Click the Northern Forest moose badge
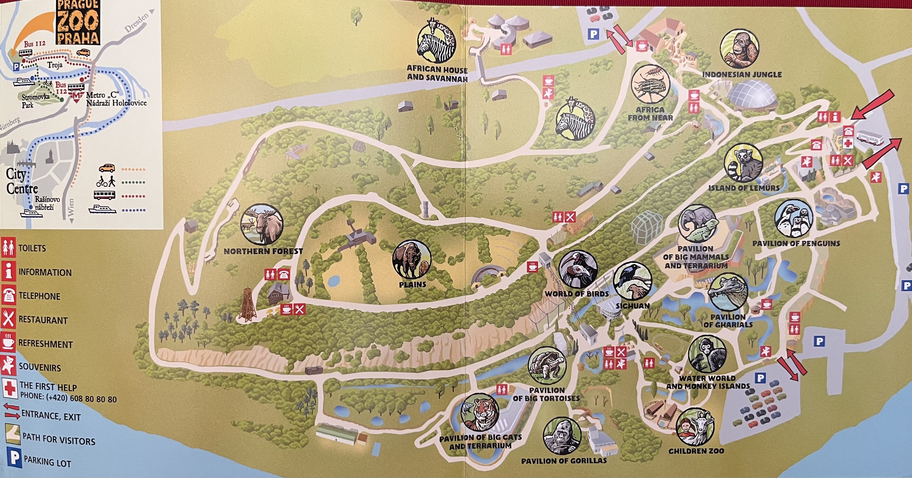(x=262, y=225)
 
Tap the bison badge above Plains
(x=412, y=259)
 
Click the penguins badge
(x=793, y=219)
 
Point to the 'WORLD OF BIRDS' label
(x=577, y=294)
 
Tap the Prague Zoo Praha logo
(x=77, y=22)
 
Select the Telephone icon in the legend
(x=9, y=296)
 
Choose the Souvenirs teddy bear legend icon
(x=9, y=367)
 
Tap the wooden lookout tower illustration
(x=247, y=306)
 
